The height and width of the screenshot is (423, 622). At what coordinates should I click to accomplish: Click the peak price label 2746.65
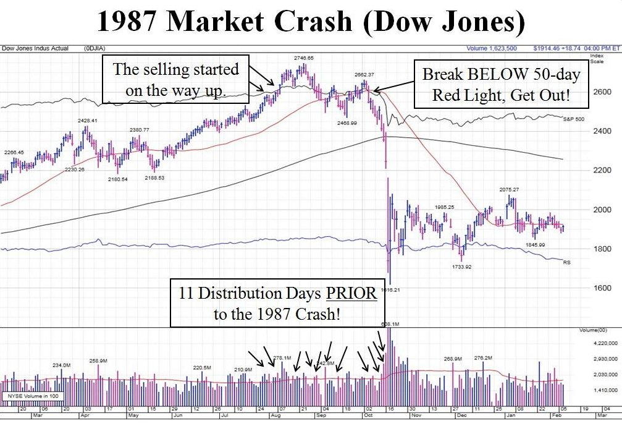[303, 58]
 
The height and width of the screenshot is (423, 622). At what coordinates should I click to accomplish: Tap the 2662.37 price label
[365, 75]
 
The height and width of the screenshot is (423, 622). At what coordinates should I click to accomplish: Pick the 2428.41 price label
[89, 121]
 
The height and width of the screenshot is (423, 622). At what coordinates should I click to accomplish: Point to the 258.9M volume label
[99, 360]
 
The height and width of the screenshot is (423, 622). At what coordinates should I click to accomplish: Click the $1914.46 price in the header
[548, 48]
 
